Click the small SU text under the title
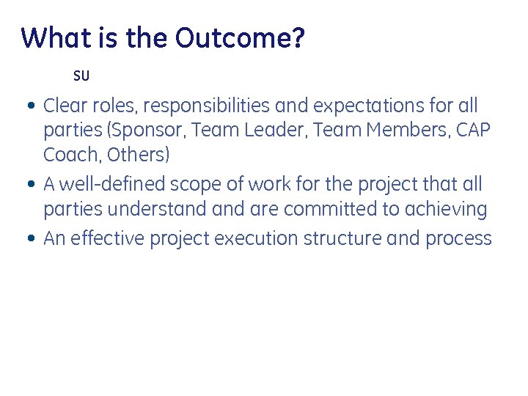(81, 76)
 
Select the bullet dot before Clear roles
(29, 106)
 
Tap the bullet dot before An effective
(29, 239)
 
